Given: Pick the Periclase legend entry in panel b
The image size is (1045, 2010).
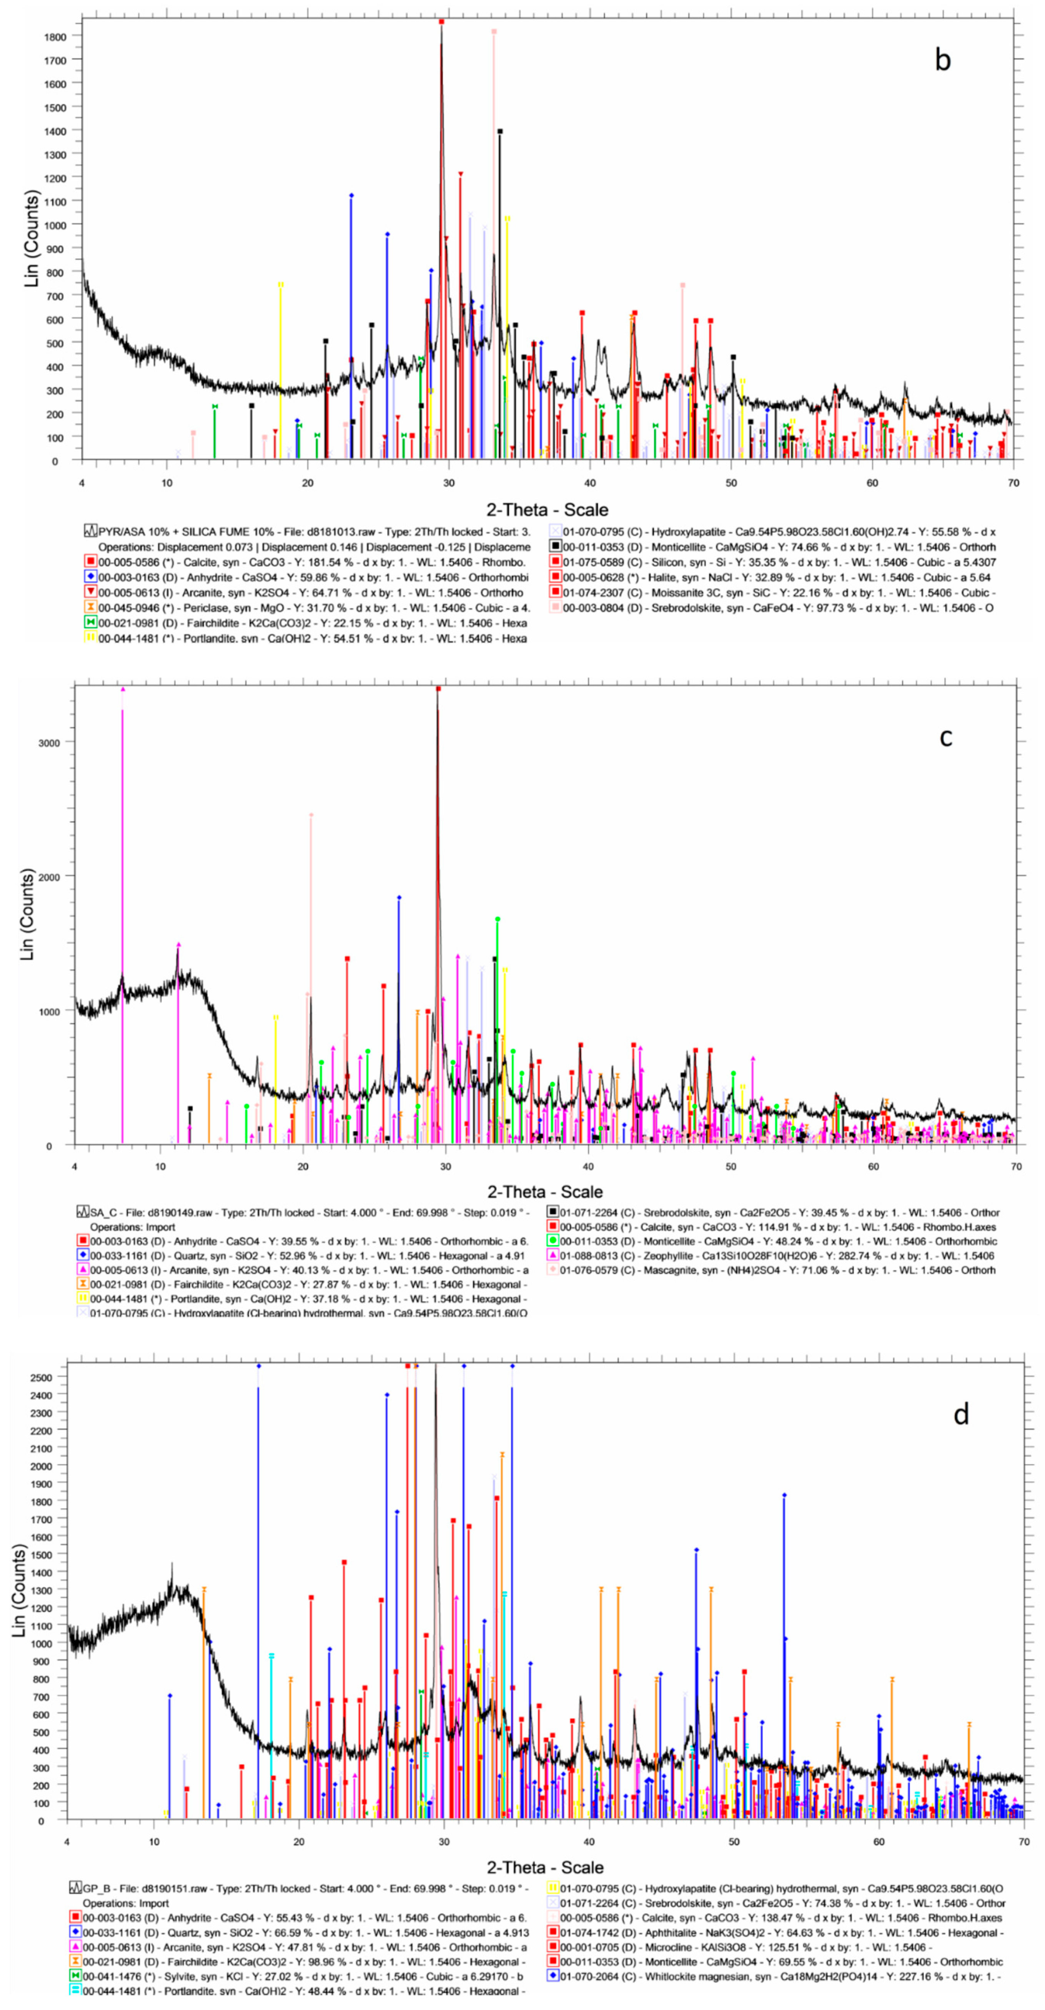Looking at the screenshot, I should [312, 608].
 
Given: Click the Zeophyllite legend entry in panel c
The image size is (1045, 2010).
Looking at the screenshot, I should [773, 1255].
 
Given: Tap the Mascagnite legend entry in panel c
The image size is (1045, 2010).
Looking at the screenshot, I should [773, 1270].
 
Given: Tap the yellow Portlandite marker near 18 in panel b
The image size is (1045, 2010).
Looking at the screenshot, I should [280, 285].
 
